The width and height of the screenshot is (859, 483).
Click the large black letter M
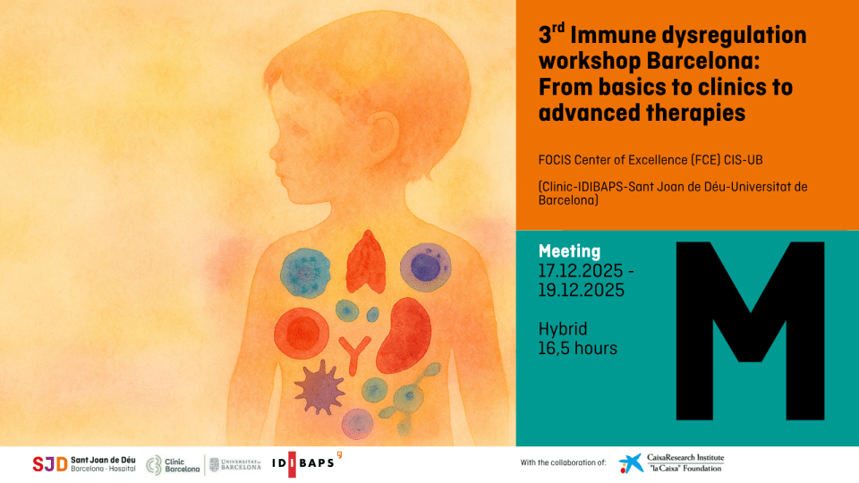[x=750, y=331]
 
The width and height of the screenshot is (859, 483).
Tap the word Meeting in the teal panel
[x=569, y=251]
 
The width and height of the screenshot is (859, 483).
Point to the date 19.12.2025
[x=581, y=291]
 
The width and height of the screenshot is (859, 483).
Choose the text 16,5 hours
[x=578, y=348]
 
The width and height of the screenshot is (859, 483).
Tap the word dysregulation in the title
[x=740, y=36]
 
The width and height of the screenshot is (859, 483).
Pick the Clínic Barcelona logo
[x=174, y=463]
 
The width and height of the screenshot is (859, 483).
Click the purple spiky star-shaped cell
[x=319, y=386]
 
